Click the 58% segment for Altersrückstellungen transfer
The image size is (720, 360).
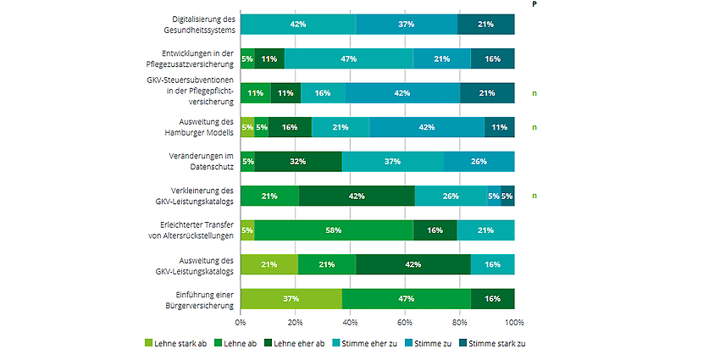[334, 230]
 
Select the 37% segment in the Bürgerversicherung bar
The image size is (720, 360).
[291, 299]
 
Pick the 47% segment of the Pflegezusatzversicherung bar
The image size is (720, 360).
[348, 58]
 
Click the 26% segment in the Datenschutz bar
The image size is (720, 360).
[479, 162]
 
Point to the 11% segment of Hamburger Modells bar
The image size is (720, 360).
[499, 127]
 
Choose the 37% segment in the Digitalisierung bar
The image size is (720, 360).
[407, 25]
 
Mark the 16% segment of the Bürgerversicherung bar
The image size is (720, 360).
[492, 299]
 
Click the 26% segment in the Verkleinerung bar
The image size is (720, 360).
[451, 196]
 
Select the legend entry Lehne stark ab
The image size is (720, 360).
[177, 343]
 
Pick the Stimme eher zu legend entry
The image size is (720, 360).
[367, 343]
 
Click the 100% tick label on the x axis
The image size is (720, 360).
[514, 323]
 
